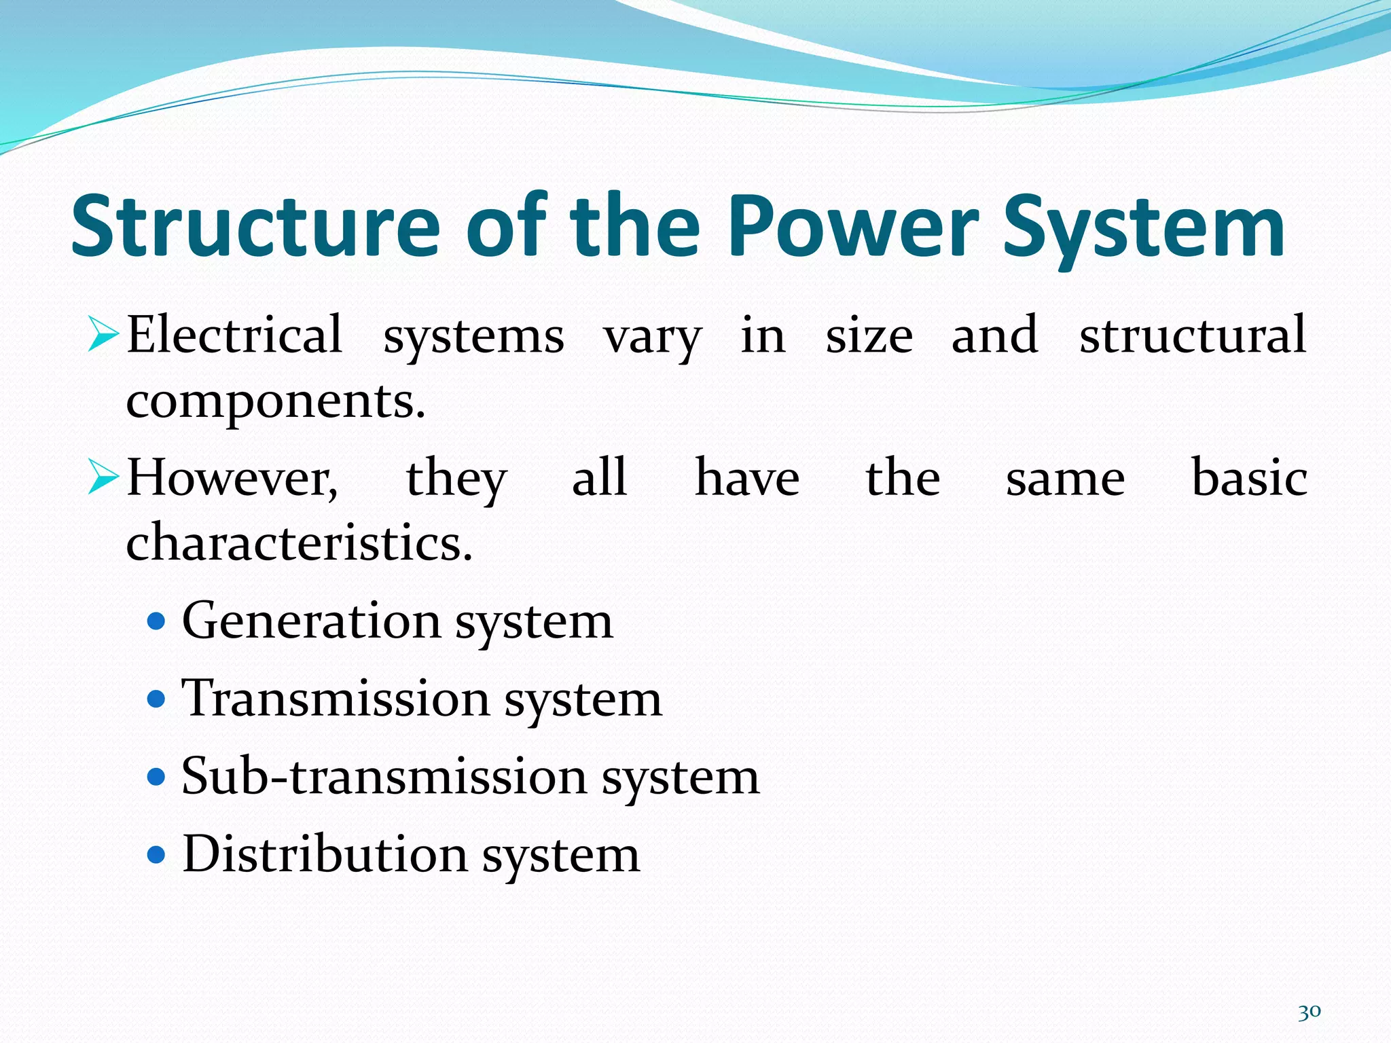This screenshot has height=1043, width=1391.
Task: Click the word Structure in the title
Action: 255,227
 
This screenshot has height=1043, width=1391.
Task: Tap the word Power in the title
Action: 853,227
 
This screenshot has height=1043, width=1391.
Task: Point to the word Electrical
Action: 234,335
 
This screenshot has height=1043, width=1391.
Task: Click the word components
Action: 275,402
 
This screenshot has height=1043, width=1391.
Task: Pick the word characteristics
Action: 299,543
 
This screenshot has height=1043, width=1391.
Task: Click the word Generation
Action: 312,621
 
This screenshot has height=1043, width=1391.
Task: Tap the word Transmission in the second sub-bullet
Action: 336,699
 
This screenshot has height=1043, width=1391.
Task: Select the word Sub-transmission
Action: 384,776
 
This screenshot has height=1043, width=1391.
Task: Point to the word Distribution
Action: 325,854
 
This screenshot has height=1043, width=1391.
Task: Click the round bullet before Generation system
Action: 156,621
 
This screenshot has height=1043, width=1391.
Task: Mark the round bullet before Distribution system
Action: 156,854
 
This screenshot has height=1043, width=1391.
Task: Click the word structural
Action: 1193,335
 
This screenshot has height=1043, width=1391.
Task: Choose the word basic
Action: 1249,478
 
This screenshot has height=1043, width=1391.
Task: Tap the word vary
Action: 653,338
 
